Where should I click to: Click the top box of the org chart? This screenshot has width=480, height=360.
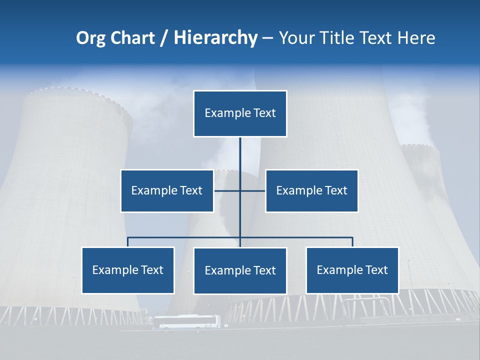(240, 113)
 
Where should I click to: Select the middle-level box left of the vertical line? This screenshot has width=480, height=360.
(167, 190)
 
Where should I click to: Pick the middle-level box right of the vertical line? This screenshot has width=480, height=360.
(311, 190)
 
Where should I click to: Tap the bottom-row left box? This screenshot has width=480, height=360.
(128, 270)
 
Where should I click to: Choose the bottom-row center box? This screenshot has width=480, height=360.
(240, 270)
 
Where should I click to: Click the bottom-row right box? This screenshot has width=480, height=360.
(352, 270)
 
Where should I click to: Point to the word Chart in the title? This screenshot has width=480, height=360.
(132, 38)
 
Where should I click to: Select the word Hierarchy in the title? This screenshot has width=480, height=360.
(215, 38)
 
